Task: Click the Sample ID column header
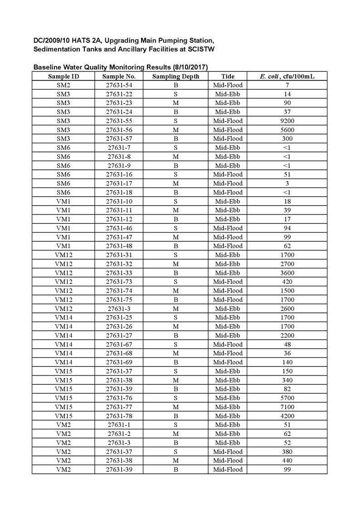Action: click(63, 76)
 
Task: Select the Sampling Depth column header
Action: click(175, 76)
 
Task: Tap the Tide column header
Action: click(228, 76)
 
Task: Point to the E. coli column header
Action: click(287, 76)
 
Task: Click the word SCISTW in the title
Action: click(198, 49)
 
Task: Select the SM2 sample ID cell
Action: click(63, 85)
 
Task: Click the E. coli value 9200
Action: click(287, 121)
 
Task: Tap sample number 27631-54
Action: click(119, 85)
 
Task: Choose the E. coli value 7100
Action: click(287, 407)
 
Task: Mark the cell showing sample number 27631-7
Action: click(119, 148)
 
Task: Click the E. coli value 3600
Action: click(287, 273)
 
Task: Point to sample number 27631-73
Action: click(119, 282)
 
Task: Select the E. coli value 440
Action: click(287, 460)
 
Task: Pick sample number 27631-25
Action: click(119, 317)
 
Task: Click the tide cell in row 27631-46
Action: click(228, 228)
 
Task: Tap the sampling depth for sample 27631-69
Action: click(175, 362)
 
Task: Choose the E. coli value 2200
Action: click(287, 336)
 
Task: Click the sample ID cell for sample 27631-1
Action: click(63, 425)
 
